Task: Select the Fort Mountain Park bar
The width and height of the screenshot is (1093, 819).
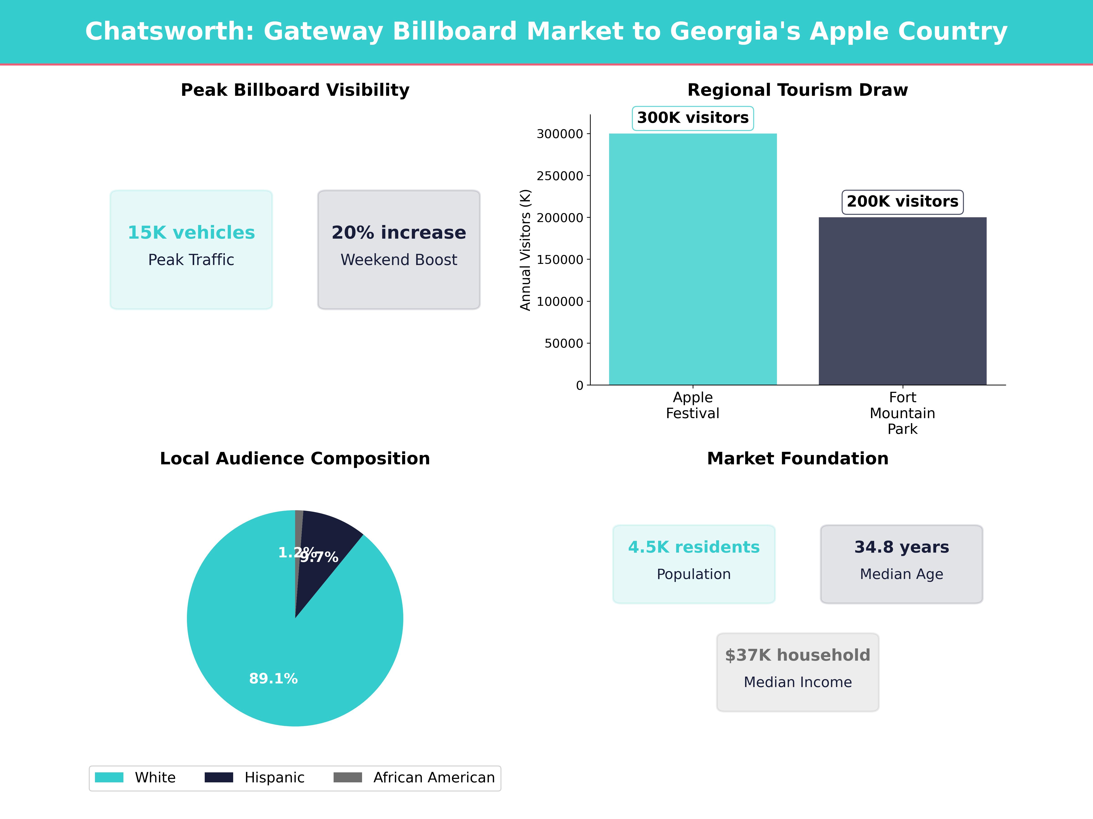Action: click(x=902, y=301)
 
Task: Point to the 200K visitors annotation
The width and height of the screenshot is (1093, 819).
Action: click(x=902, y=201)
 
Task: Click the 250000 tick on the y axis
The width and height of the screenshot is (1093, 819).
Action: click(x=560, y=176)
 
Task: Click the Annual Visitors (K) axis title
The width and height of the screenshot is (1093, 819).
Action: click(x=525, y=250)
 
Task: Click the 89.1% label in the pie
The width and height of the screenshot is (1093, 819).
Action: click(x=273, y=679)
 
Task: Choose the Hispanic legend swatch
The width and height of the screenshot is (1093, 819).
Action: click(x=219, y=778)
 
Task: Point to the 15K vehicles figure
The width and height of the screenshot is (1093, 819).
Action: click(x=191, y=233)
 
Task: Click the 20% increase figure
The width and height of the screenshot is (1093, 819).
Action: click(x=399, y=233)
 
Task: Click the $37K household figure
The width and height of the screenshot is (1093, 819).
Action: click(x=797, y=655)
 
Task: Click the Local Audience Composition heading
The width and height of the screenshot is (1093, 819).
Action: click(x=295, y=459)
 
